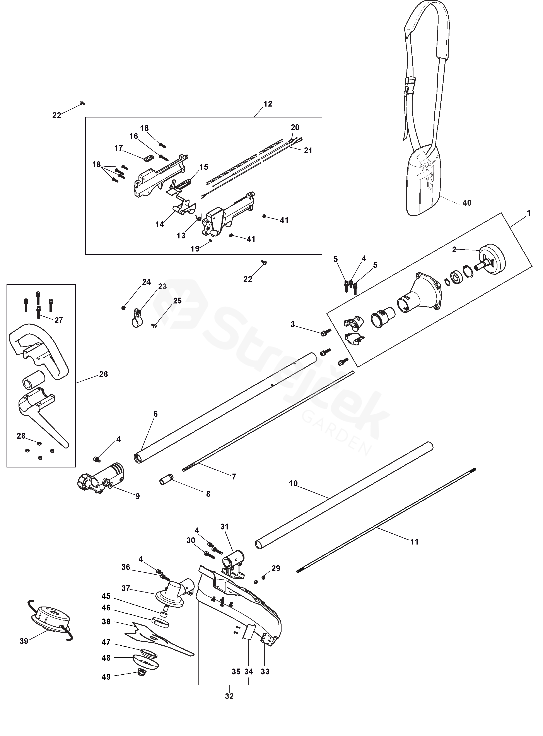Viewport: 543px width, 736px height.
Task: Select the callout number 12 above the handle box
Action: coord(268,104)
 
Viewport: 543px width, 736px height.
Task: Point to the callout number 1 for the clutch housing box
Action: coord(529,213)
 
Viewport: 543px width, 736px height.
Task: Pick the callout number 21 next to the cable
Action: coord(308,150)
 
